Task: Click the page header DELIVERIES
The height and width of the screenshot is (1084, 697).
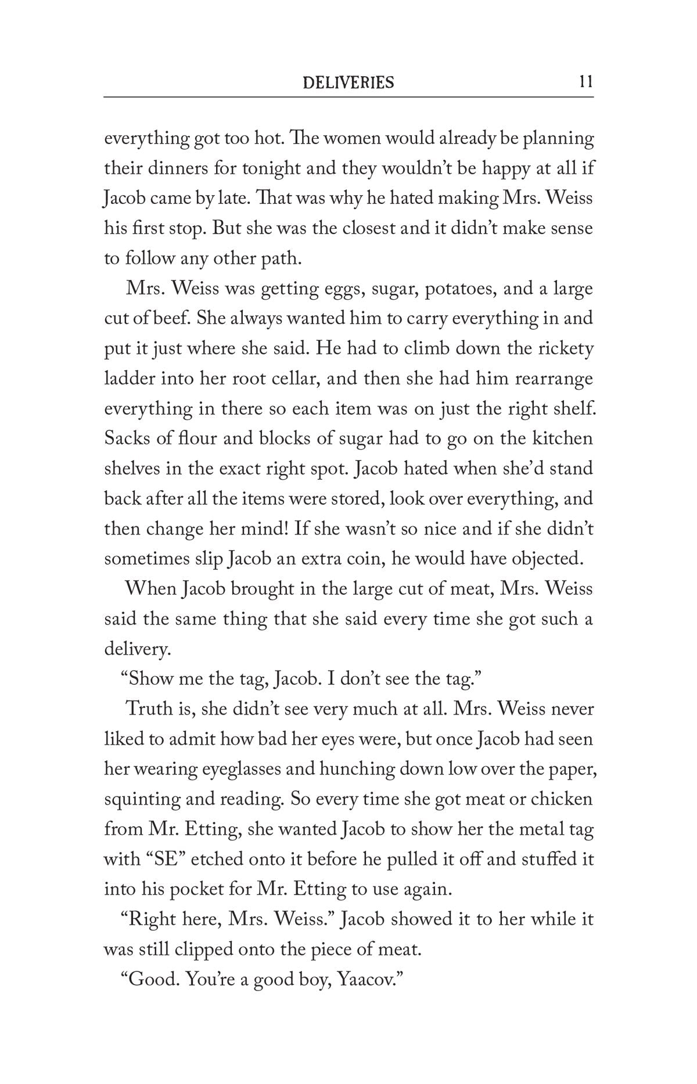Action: [348, 82]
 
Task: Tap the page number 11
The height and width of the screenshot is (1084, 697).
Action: [585, 82]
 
